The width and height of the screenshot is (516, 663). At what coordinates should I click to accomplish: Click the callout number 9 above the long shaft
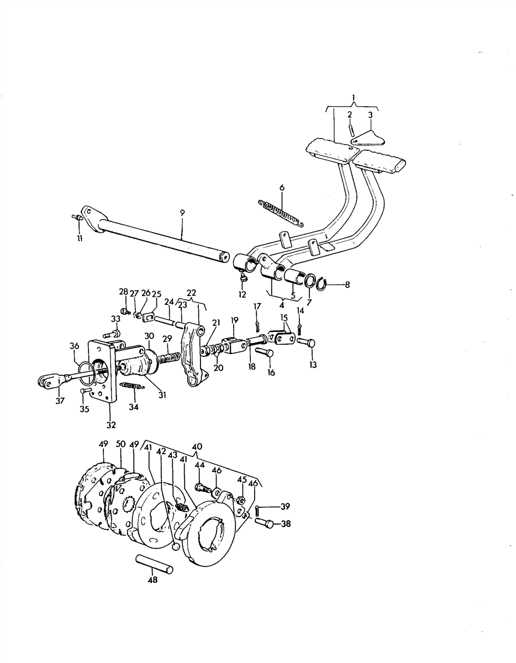pyautogui.click(x=182, y=213)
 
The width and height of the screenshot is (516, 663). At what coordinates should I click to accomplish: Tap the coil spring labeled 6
pyautogui.click(x=281, y=213)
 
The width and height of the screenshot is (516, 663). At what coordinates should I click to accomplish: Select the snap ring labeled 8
pyautogui.click(x=321, y=285)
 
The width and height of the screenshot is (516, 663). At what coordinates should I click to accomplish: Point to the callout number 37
pyautogui.click(x=60, y=401)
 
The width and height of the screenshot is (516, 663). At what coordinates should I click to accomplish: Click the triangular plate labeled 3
pyautogui.click(x=368, y=139)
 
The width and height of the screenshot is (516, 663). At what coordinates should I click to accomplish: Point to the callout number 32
pyautogui.click(x=111, y=425)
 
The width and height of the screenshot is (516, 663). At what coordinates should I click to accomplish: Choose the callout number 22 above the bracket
pyautogui.click(x=191, y=292)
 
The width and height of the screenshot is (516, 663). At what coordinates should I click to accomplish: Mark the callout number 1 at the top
pyautogui.click(x=353, y=98)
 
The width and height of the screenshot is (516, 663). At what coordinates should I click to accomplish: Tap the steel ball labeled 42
pyautogui.click(x=176, y=546)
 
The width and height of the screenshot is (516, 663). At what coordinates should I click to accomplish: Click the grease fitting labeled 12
pyautogui.click(x=244, y=276)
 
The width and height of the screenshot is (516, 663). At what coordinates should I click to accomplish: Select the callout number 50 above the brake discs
pyautogui.click(x=121, y=444)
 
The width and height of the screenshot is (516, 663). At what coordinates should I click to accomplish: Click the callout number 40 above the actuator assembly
pyautogui.click(x=197, y=447)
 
